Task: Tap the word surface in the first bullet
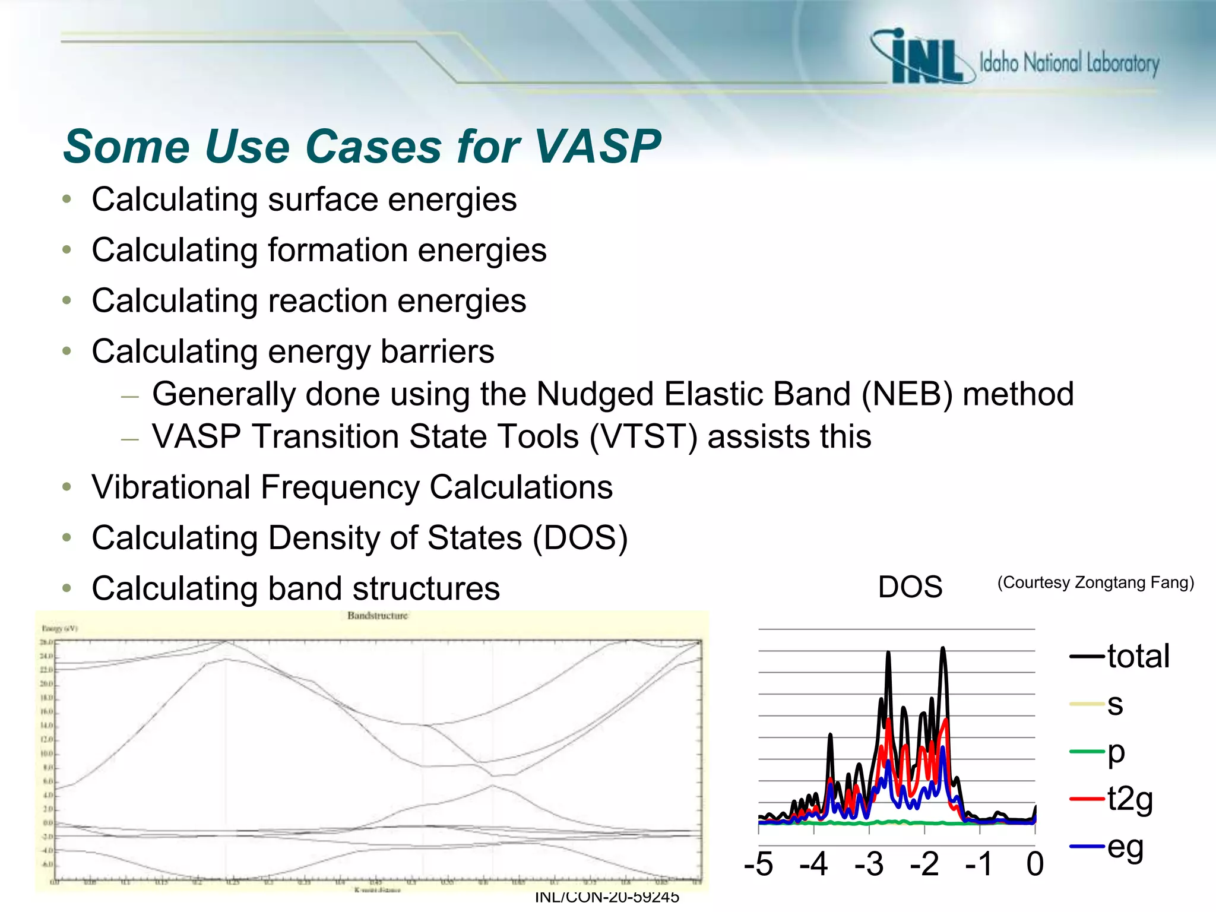pos(322,199)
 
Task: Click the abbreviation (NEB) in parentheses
pos(907,394)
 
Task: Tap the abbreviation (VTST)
pos(644,437)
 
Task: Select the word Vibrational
pos(170,487)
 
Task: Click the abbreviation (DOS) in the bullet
pos(579,538)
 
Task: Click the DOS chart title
pos(910,587)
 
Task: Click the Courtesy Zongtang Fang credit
pos(1095,582)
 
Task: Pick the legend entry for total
pos(1137,657)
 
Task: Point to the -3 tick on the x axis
pos(869,864)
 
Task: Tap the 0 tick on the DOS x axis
pos(1034,864)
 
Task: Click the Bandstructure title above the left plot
pos(378,616)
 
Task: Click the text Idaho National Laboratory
pos(1069,63)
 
